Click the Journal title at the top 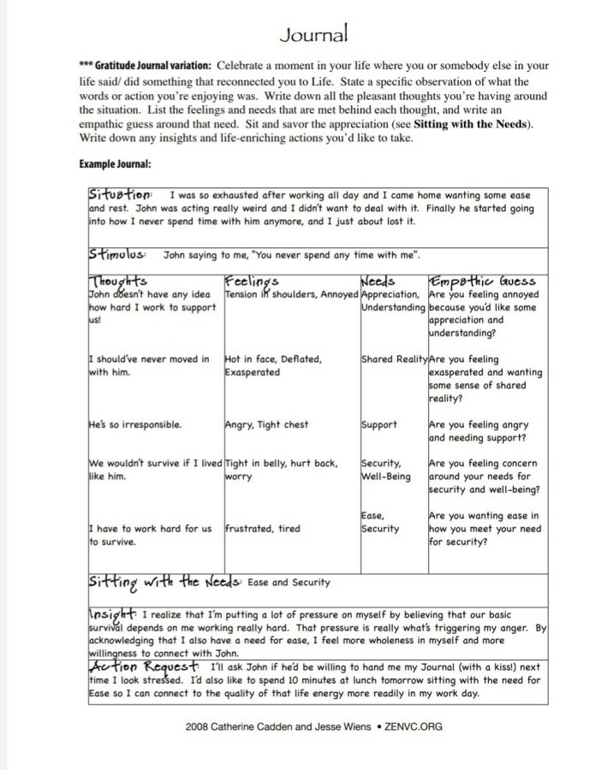[313, 34]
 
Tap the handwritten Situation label [120, 194]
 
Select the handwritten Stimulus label [120, 254]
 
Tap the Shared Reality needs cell [393, 360]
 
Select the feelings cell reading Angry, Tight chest [266, 424]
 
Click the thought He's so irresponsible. [134, 424]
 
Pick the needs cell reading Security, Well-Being [386, 469]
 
